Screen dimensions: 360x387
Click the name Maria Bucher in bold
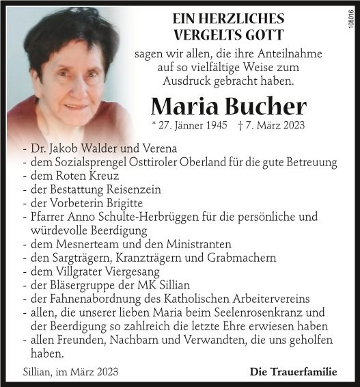click(228, 106)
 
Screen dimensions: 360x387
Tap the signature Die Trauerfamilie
click(293, 372)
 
